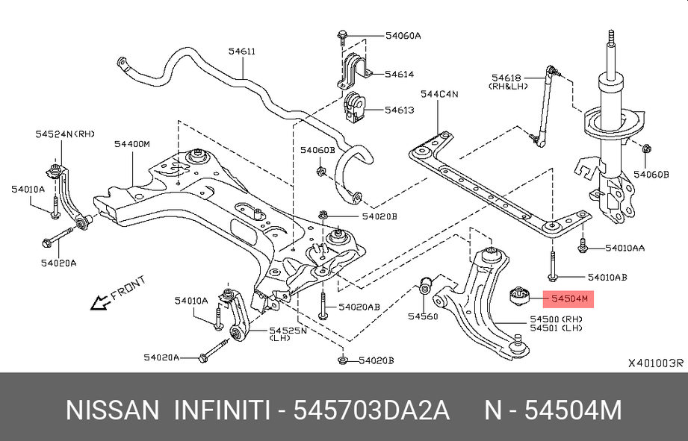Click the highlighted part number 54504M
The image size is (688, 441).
coord(569,300)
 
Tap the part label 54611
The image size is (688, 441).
coord(242,51)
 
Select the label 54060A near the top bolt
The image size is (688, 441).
coord(403,35)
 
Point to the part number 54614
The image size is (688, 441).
coord(399,75)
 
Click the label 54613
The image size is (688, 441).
coord(399,110)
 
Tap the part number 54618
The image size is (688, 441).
coord(506,77)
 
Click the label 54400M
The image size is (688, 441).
coord(132,143)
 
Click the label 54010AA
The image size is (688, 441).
coord(625,247)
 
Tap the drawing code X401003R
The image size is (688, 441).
coord(654,363)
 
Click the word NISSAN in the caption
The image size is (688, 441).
coord(113,411)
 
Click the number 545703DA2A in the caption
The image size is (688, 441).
coord(371,411)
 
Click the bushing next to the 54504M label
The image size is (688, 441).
coord(521,298)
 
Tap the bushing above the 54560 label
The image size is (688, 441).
coord(424,286)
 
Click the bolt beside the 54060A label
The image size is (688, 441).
coord(341,35)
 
